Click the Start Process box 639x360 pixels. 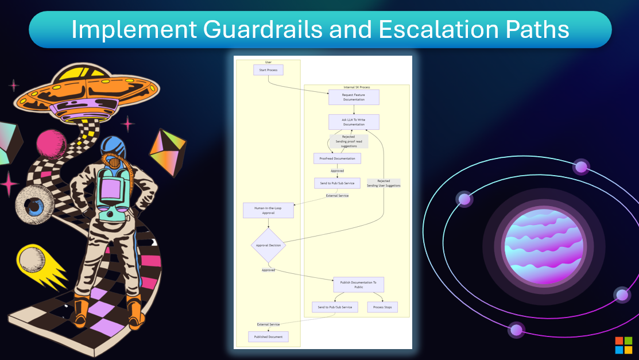tap(268, 70)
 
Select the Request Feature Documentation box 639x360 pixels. tap(354, 97)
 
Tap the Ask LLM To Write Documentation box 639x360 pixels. tap(354, 122)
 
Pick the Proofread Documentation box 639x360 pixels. tap(337, 158)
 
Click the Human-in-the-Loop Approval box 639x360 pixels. tap(268, 210)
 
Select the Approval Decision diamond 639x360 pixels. tap(268, 245)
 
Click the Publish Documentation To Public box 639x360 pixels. tap(358, 285)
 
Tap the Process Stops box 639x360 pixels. tap(382, 307)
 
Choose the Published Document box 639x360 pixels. tap(268, 336)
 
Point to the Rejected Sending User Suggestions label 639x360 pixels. tap(384, 183)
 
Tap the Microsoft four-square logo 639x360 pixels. tap(623, 345)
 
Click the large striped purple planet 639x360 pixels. tap(544, 247)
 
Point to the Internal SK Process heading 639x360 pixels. tap(357, 87)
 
